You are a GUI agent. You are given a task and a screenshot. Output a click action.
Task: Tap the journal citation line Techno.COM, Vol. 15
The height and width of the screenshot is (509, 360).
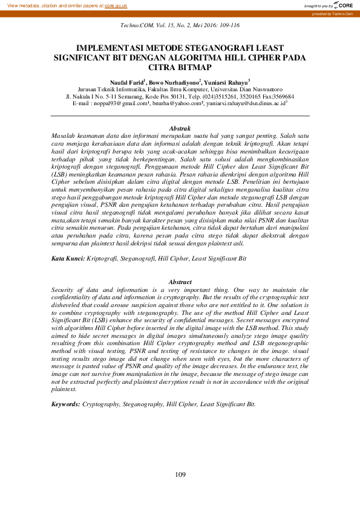click(180, 25)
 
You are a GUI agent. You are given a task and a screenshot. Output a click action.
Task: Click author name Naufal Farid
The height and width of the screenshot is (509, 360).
click(127, 81)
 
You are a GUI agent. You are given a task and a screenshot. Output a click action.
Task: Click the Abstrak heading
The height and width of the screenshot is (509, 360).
click(180, 128)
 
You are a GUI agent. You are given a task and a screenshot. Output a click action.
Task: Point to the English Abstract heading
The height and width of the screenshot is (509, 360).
click(180, 282)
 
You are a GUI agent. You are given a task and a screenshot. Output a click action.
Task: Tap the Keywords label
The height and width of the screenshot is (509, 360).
click(66, 403)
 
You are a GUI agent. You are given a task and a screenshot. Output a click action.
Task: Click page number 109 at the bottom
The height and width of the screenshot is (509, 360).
click(180, 475)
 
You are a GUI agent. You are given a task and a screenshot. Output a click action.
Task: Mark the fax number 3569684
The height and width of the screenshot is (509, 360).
click(282, 96)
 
